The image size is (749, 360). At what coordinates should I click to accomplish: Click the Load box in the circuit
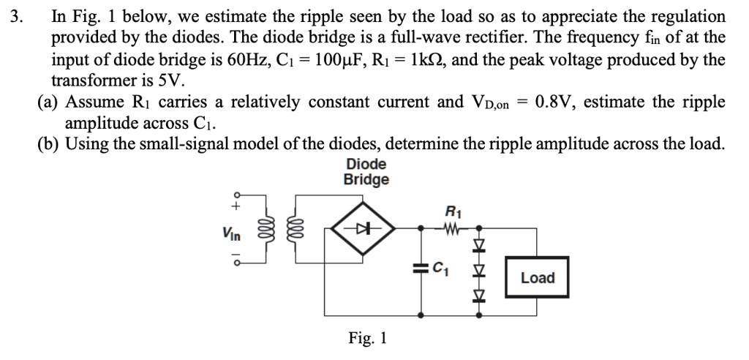coord(538,278)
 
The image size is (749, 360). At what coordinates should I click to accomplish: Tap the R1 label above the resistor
coord(452,214)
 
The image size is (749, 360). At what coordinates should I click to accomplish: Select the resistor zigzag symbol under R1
coord(452,228)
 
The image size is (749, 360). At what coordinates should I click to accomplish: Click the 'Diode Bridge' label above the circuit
coord(366,172)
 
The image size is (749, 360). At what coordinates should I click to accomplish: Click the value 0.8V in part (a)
coord(560,101)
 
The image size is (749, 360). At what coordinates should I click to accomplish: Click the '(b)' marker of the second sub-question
coord(49,143)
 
